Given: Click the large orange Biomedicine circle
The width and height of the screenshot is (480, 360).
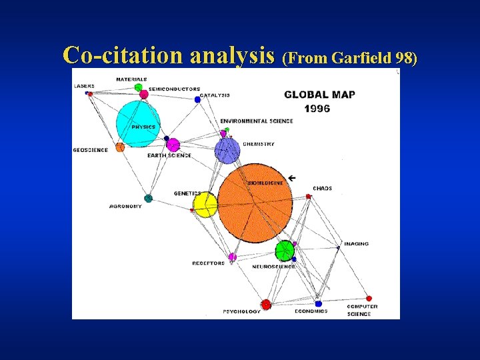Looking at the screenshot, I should coord(255,202).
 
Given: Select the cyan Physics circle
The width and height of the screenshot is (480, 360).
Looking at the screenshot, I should coord(139,123).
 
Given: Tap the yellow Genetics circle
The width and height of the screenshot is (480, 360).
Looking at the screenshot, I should coord(205,205).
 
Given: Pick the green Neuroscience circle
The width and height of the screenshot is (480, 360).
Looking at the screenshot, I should coord(285,251).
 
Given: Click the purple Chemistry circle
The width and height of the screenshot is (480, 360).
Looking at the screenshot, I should coord(227,151).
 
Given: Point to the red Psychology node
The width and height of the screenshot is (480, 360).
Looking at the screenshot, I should coord(266,305).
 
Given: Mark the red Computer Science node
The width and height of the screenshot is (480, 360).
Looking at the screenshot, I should coord(369,299).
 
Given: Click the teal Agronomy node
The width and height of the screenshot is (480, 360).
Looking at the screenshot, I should coord(148,198).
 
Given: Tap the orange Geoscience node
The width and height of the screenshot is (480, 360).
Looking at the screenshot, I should coord(120,147).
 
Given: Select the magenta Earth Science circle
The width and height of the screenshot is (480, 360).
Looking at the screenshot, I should coord(173,145).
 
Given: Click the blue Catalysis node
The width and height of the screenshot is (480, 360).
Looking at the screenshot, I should coord(197,99).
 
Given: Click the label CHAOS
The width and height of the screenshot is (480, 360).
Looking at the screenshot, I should coord(323,189).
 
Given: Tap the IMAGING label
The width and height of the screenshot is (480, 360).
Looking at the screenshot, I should coord(356,244).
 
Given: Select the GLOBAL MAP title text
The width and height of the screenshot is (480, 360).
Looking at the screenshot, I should coord(319,95).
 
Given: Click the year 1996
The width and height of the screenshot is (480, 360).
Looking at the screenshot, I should coord(317,109).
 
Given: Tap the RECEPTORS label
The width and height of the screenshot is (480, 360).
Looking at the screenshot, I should coord(209,263).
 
